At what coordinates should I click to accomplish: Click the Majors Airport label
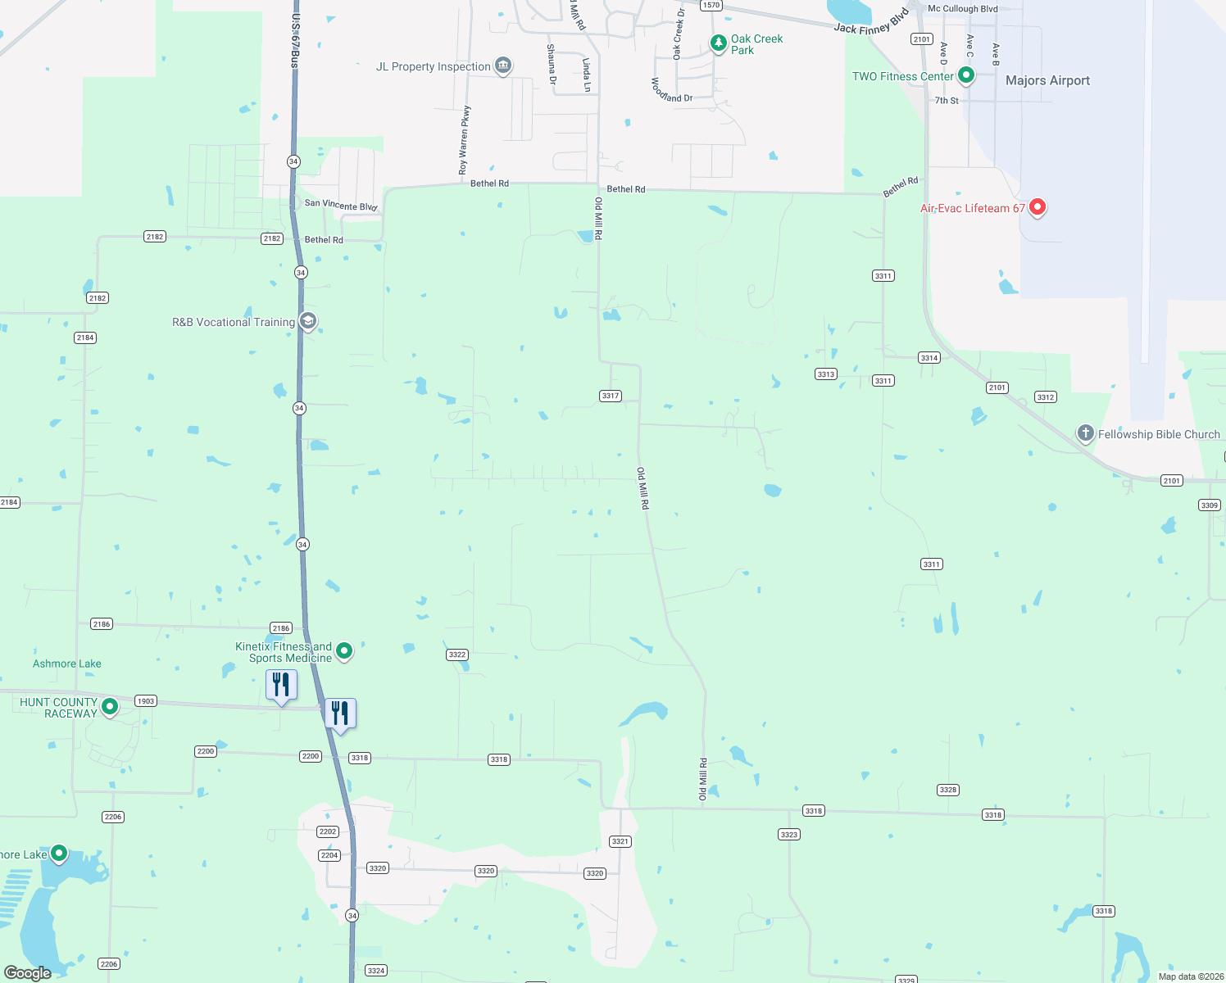[x=1047, y=80]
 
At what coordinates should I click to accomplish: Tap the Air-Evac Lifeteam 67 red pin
[x=1037, y=206]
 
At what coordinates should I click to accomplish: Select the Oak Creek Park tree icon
[x=718, y=43]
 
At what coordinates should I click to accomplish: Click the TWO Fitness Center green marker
[x=966, y=75]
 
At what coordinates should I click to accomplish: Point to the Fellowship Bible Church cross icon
[x=1085, y=433]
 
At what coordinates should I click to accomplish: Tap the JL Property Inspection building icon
[x=503, y=66]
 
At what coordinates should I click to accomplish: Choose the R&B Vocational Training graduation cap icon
[x=308, y=321]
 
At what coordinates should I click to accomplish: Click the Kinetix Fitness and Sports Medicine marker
[x=344, y=651]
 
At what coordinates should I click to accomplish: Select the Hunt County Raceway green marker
[x=110, y=707]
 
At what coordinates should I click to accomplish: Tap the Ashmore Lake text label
[x=67, y=664]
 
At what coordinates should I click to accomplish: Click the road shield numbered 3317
[x=611, y=396]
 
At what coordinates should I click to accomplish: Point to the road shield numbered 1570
[x=711, y=5]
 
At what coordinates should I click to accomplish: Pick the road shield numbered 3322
[x=457, y=655]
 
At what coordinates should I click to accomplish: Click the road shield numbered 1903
[x=146, y=701]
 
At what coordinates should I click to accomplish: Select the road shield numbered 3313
[x=825, y=374]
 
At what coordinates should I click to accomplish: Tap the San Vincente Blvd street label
[x=341, y=205]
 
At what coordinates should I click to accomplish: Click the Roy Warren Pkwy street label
[x=464, y=139]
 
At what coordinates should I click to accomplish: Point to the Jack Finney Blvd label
[x=871, y=23]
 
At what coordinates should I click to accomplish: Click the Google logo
[x=28, y=973]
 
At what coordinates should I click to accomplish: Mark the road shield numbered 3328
[x=948, y=790]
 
